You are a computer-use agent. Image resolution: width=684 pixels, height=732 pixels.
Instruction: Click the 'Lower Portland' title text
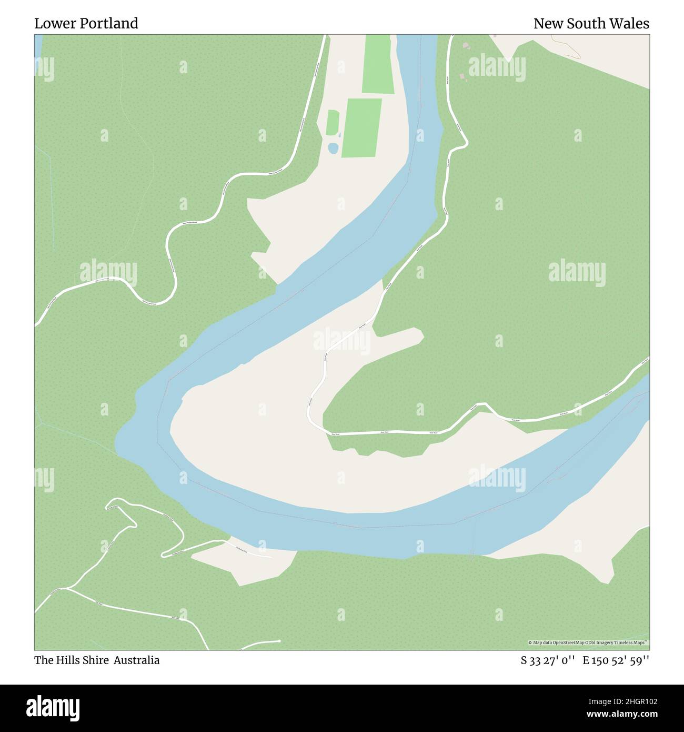tap(86, 24)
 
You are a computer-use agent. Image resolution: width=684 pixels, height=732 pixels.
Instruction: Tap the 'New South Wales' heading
tap(591, 24)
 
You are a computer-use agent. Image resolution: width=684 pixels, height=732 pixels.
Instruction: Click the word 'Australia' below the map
tap(138, 660)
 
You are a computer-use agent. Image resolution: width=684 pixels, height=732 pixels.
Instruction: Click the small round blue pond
tap(333, 149)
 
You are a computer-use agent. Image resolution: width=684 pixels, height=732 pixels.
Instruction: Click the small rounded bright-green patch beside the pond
tap(333, 122)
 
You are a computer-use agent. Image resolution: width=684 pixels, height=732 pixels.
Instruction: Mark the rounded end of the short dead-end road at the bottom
tap(278, 641)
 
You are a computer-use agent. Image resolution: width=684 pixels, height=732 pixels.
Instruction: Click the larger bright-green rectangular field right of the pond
tap(362, 127)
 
